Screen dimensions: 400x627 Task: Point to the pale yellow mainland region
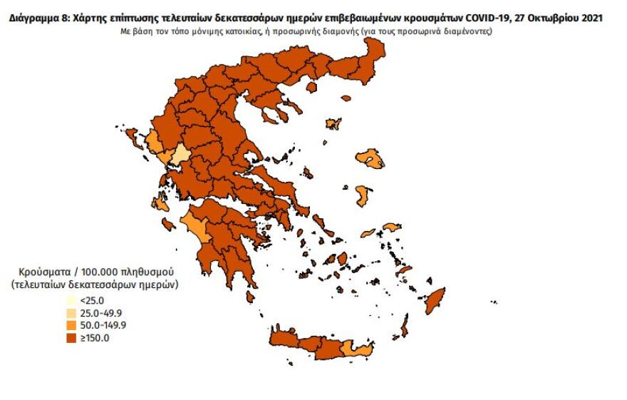tap(181, 154)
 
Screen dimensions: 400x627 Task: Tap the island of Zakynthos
tap(169, 225)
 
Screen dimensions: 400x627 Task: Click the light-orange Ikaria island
tap(368, 233)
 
